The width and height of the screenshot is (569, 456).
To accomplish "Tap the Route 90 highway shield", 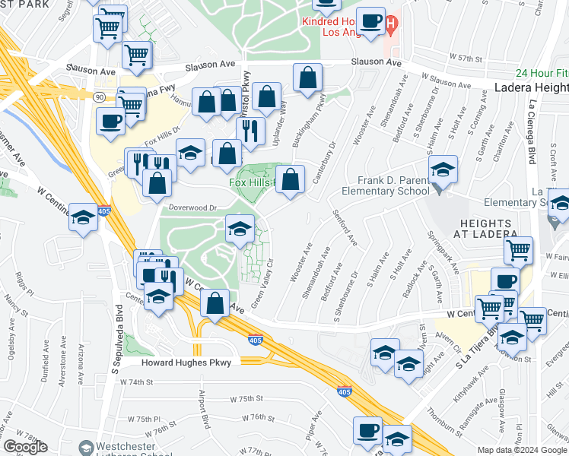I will click(99, 97).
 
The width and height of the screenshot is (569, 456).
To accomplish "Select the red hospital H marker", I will click(391, 26).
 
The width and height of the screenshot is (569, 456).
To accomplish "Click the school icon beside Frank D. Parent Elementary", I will click(441, 171).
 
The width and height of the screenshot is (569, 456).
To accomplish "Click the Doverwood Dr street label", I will click(192, 207).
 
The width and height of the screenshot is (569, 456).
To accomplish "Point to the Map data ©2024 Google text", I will click(522, 450).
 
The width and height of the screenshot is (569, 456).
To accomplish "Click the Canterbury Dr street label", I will click(323, 161).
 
